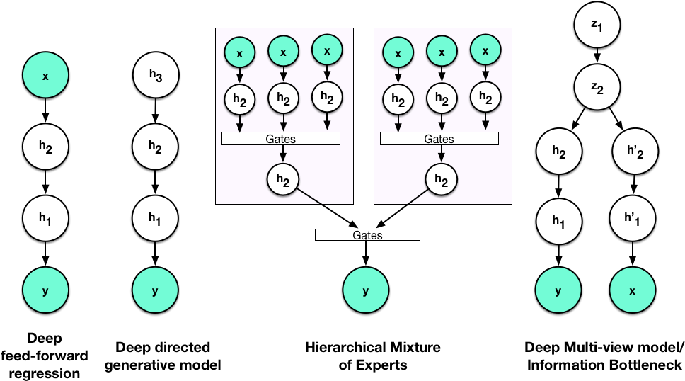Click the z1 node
pos(597,25)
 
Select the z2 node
pos(597,87)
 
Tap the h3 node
pos(156,74)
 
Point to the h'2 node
pos(635,152)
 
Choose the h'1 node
pos(633,219)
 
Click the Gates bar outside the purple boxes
pos(367,235)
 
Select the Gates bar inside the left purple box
pos(281,139)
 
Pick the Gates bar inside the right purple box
pos(439,139)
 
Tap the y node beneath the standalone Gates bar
pos(366,290)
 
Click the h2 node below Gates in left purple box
pos(282,180)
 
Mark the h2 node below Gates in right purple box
pos(441,180)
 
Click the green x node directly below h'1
pos(633,290)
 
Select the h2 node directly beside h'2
pos(559,152)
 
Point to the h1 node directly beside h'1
pos(558,221)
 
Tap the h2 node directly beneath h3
pos(155,147)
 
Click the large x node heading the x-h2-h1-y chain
pos(45,74)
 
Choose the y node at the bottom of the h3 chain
pos(155,290)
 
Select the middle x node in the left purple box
pos(283,52)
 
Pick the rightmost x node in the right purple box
pos(485,51)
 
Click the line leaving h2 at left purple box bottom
pos(310,197)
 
